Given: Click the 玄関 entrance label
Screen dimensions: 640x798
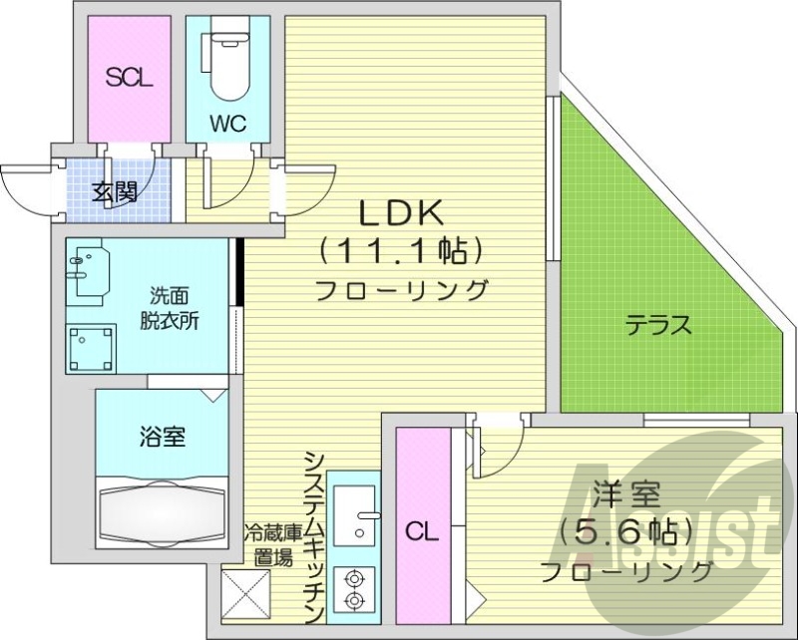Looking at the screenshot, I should pyautogui.click(x=115, y=191).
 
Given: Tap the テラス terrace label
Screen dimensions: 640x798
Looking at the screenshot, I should pyautogui.click(x=658, y=325).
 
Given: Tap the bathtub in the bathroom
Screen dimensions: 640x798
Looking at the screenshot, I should pyautogui.click(x=162, y=511).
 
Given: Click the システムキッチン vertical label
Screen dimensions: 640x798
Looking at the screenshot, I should pyautogui.click(x=313, y=534).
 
